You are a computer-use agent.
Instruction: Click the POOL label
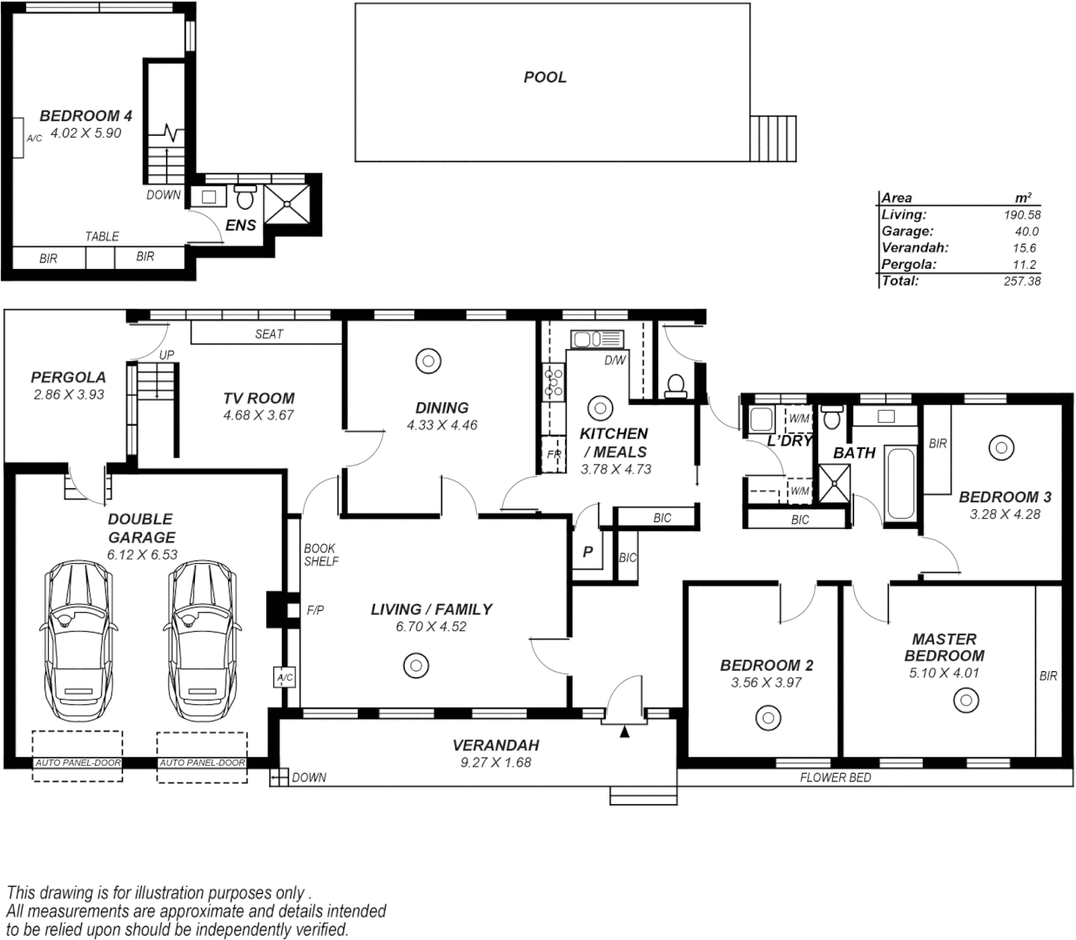[545, 77]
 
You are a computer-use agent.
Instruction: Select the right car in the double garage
[202, 639]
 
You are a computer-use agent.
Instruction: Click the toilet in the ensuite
[245, 198]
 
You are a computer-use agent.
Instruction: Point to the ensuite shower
[286, 205]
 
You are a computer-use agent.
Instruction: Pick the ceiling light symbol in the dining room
[427, 361]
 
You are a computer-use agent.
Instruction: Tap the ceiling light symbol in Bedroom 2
[767, 719]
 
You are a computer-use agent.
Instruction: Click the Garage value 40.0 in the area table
[1026, 232]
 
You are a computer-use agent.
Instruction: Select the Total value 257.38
[1021, 281]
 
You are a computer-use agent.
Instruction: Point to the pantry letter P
[588, 552]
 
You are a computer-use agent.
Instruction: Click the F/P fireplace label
[315, 611]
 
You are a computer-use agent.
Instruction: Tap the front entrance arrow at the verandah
[624, 733]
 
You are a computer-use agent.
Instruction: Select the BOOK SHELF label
[321, 555]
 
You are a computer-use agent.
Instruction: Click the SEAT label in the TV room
[269, 334]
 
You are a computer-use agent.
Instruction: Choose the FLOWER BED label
[835, 777]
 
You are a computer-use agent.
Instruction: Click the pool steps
[773, 138]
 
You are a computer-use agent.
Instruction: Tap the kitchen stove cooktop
[553, 383]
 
